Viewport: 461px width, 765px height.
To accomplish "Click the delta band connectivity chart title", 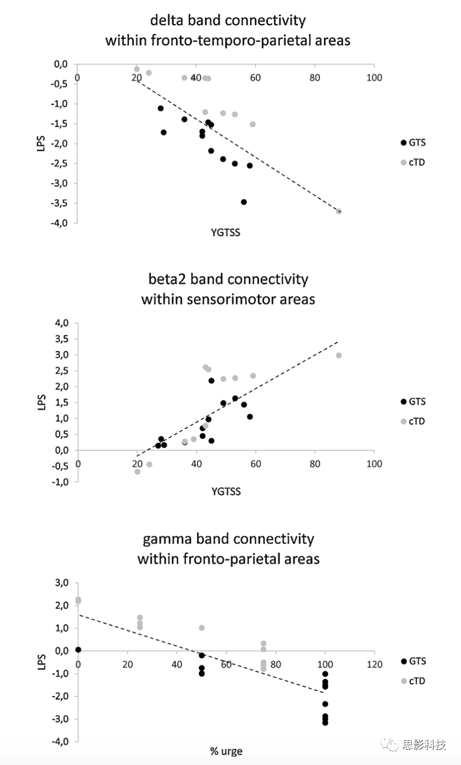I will coord(228,30).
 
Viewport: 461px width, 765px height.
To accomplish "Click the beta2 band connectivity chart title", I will coord(228,289).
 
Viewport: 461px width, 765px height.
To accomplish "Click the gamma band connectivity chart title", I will coord(228,548).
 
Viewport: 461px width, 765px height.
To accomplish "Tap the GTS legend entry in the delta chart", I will coord(413,142).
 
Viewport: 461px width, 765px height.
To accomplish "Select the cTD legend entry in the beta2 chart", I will coord(413,421).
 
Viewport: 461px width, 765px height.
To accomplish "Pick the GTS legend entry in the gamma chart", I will coord(413,661).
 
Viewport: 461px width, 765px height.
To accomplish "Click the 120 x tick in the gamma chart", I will coord(375,664).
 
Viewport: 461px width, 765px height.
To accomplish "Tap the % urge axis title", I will coord(226,751).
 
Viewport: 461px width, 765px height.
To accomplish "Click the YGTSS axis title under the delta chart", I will coord(226,232).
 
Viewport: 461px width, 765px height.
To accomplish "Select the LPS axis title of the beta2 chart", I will coord(43,402).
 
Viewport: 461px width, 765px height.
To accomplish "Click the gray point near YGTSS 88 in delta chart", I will coord(339,211).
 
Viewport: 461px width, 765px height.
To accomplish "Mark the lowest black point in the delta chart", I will coord(244,202).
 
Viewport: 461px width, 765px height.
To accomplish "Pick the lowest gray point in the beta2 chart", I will coord(138,471).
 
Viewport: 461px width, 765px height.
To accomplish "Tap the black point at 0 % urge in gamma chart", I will coord(78,650).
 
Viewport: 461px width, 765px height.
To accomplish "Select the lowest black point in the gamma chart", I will coord(325,722).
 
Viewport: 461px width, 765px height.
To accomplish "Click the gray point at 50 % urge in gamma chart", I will coord(202,628).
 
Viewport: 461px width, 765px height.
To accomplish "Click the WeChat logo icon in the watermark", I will coord(389,744).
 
